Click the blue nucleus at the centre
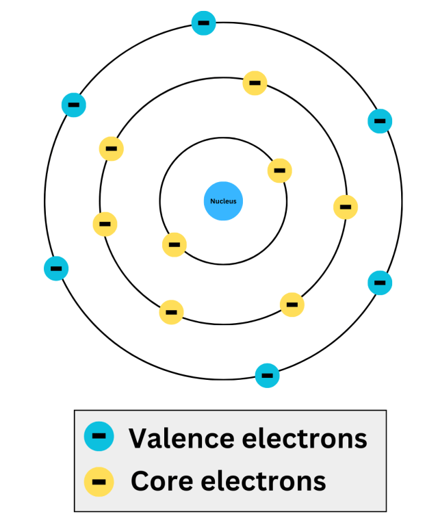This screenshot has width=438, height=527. tap(224, 201)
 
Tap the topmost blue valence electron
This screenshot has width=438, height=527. tap(203, 23)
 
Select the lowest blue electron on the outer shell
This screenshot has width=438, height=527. tap(267, 375)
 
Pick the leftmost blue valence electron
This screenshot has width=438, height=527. tap(55, 268)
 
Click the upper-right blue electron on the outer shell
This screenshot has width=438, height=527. tap(380, 120)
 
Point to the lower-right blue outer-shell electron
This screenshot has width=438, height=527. tap(380, 282)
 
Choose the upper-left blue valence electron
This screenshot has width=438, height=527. tap(73, 105)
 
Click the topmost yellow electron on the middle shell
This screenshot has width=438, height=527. tap(255, 83)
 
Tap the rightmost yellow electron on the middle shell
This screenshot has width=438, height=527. tap(346, 207)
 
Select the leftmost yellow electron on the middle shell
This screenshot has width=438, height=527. tap(105, 223)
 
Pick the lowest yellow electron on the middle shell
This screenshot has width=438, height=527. tap(171, 312)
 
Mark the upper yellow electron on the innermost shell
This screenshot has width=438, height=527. tap(279, 170)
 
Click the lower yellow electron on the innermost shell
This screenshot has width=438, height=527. tap(174, 244)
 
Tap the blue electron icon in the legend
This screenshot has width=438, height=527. tap(99, 435)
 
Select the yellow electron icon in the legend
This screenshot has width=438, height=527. tap(99, 480)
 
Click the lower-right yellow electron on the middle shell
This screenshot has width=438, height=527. tap(292, 304)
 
